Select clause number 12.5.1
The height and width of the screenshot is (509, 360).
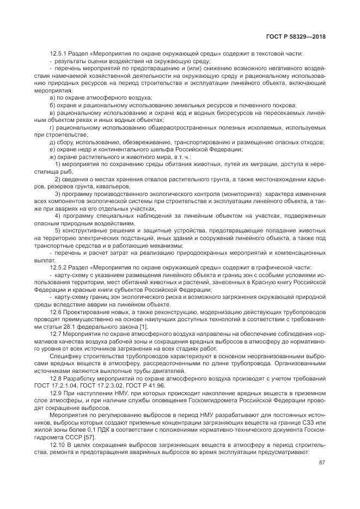coord(59,53)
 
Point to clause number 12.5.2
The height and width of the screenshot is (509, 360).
coord(59,268)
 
